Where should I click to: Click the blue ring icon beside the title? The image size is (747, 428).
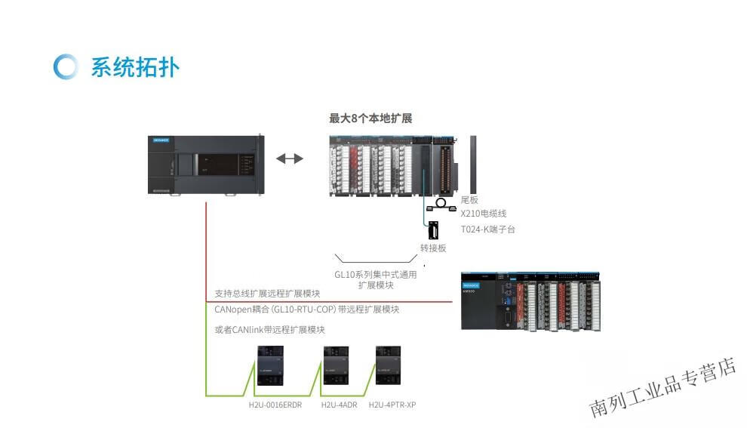[66, 66]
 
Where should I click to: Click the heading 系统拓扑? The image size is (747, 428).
[135, 67]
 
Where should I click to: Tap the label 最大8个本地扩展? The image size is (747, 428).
[370, 119]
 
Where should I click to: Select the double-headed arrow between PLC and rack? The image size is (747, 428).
[289, 159]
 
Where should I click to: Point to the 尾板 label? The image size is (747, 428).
[469, 200]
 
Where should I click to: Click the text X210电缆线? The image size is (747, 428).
[484, 214]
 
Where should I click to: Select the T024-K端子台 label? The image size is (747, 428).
[488, 229]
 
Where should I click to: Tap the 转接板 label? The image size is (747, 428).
[433, 248]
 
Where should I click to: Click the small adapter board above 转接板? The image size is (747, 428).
[433, 230]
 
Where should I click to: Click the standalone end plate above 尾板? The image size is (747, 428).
[474, 164]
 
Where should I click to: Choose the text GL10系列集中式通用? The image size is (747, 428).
[375, 275]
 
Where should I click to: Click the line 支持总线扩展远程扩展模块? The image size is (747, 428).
[267, 294]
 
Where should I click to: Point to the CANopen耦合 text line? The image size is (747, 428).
[306, 309]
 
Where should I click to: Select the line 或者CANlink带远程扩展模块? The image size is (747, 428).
[269, 330]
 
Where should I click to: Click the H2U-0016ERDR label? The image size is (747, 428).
[275, 405]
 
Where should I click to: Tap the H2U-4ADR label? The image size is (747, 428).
[339, 405]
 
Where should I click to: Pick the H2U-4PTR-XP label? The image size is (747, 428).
[392, 405]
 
